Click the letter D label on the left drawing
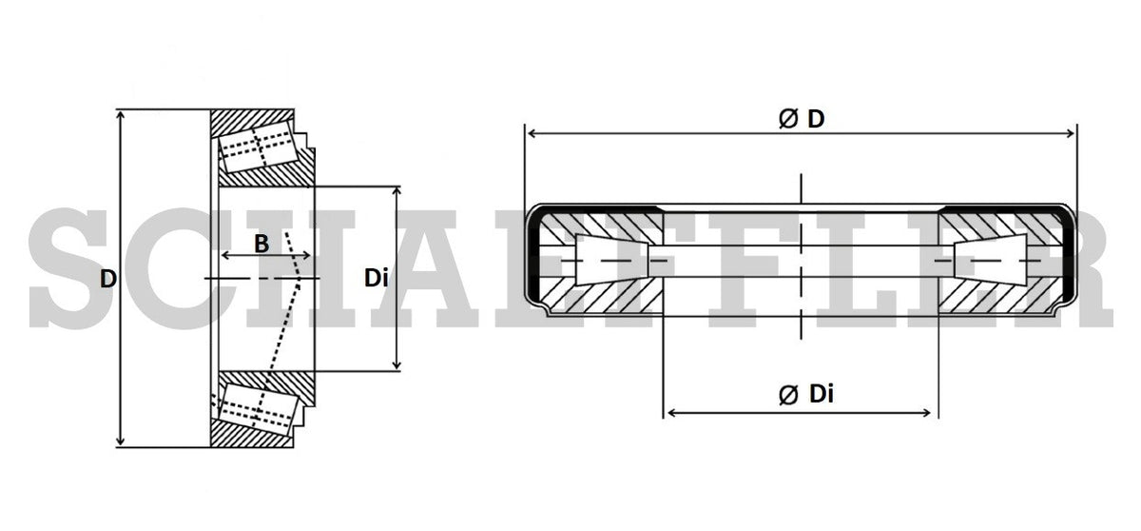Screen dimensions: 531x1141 [x=108, y=279]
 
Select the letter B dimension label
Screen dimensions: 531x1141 [x=261, y=244]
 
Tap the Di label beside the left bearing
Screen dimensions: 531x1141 [x=377, y=279]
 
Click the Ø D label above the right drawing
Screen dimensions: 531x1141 [x=801, y=119]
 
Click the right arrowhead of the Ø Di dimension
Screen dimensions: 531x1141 [x=931, y=412]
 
